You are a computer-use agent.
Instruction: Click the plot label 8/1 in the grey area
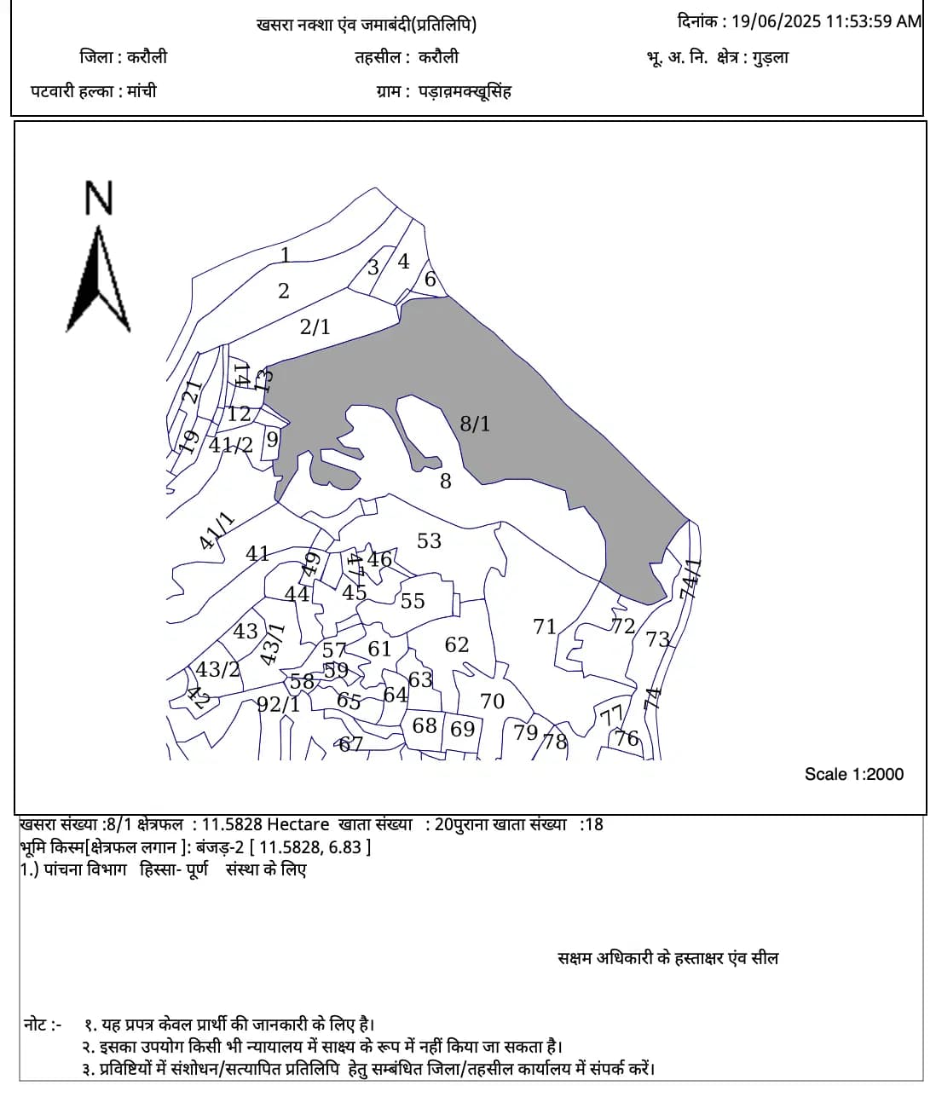(475, 424)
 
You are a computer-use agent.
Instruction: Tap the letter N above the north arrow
(99, 198)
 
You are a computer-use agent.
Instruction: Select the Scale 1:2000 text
(853, 774)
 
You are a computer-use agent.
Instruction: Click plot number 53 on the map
(429, 540)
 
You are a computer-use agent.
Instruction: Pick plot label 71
(544, 627)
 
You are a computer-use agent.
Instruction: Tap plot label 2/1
(315, 326)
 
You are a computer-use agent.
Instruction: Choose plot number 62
(457, 644)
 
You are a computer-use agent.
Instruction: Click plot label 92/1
(279, 704)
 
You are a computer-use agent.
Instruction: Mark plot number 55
(413, 601)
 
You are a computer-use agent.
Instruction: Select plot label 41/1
(216, 531)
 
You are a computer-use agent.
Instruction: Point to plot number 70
(492, 702)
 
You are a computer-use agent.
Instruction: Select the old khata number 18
(594, 824)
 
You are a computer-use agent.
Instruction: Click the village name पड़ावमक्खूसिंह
(465, 91)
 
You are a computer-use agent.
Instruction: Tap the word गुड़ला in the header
(771, 58)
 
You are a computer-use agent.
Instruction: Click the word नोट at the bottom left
(37, 1024)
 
